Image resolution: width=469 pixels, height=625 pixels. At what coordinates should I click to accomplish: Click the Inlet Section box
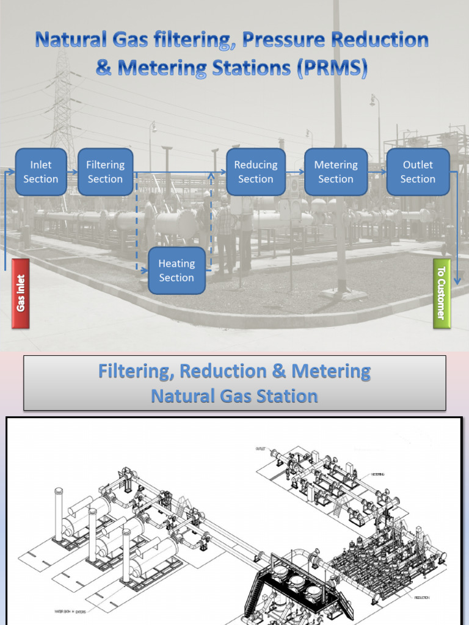click(41, 172)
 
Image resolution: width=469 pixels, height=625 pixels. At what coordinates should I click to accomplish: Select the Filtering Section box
click(105, 172)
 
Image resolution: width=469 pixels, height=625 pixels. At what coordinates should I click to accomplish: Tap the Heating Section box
click(176, 270)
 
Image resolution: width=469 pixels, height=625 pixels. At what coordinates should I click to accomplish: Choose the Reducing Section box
click(255, 172)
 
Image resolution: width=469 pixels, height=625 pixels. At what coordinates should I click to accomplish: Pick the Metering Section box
click(335, 172)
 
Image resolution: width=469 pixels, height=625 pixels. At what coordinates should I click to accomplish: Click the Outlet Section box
click(418, 172)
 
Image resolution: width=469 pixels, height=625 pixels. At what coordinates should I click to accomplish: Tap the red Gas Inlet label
click(21, 294)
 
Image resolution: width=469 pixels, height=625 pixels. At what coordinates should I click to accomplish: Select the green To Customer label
click(442, 294)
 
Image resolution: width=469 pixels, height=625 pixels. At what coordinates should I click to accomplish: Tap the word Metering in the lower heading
click(330, 371)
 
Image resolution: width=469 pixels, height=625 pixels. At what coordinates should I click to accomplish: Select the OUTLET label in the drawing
click(261, 449)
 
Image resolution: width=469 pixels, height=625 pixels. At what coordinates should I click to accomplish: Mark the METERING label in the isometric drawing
click(377, 474)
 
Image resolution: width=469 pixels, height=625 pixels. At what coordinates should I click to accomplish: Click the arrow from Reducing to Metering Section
click(295, 173)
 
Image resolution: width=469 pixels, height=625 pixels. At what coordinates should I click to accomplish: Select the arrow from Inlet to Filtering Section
click(72, 173)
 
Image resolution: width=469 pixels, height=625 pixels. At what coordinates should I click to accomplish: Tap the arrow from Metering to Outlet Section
click(377, 173)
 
